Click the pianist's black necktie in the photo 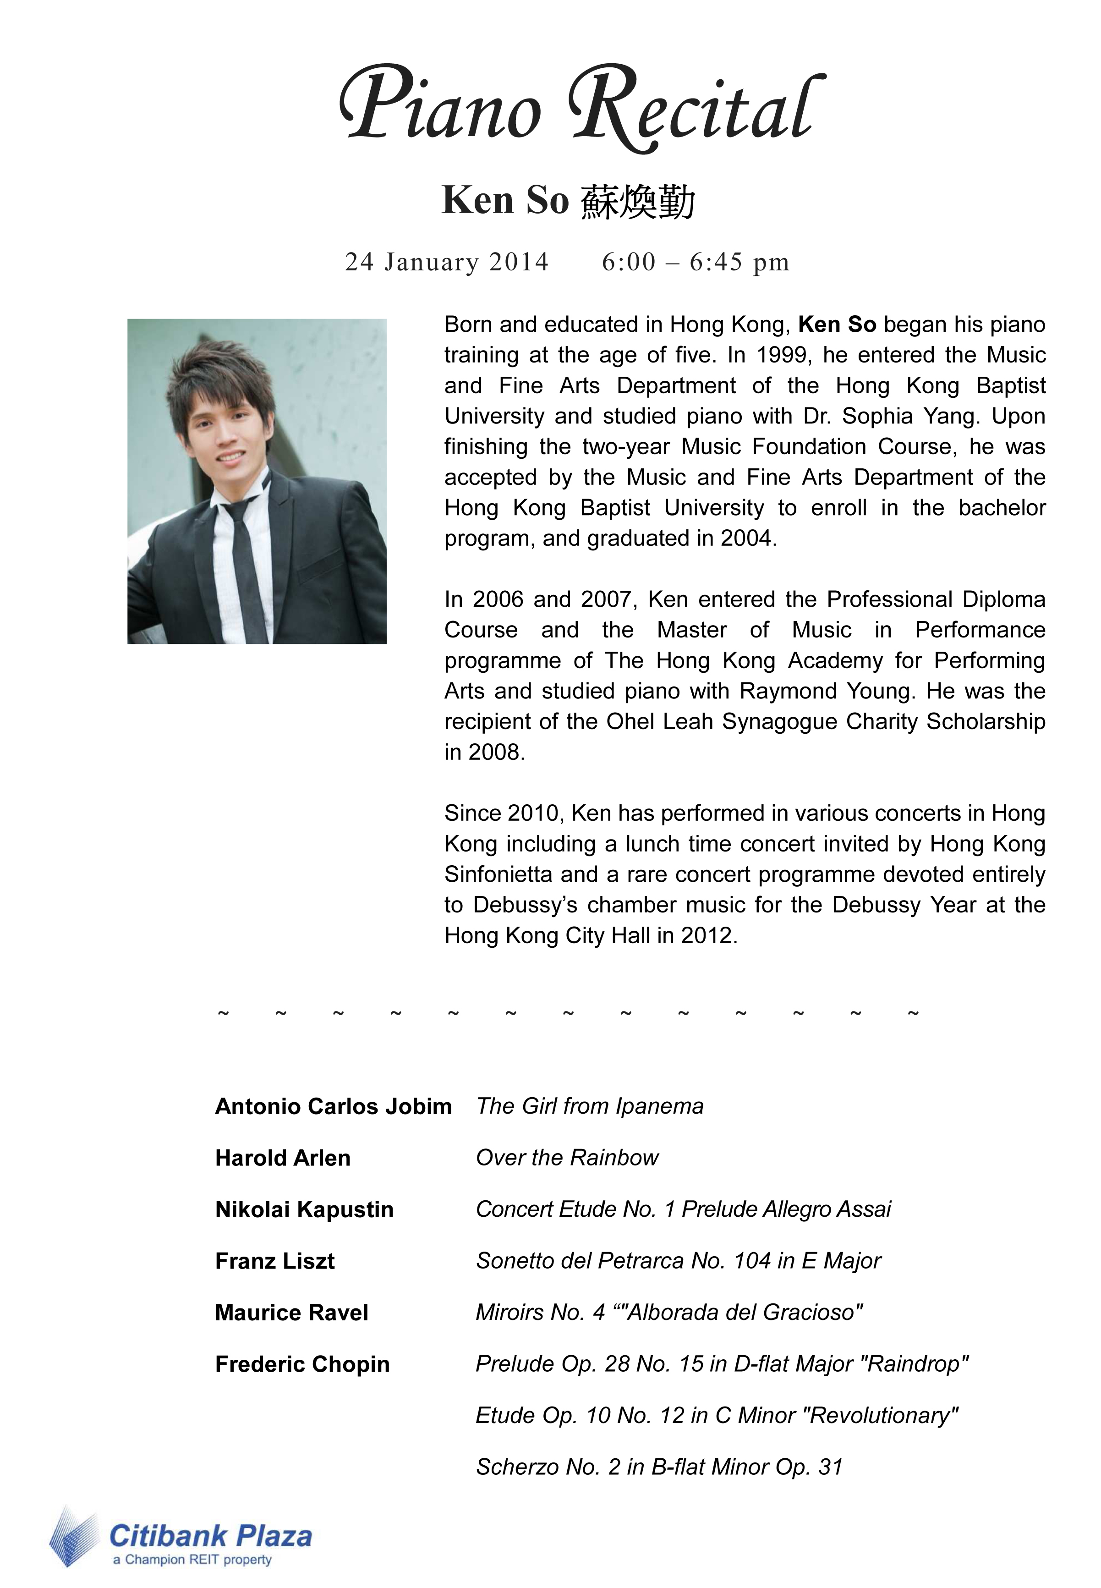(243, 552)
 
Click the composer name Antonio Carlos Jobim (333, 1106)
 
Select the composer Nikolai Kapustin (304, 1209)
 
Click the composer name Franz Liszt (274, 1261)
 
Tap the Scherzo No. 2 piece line (659, 1467)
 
